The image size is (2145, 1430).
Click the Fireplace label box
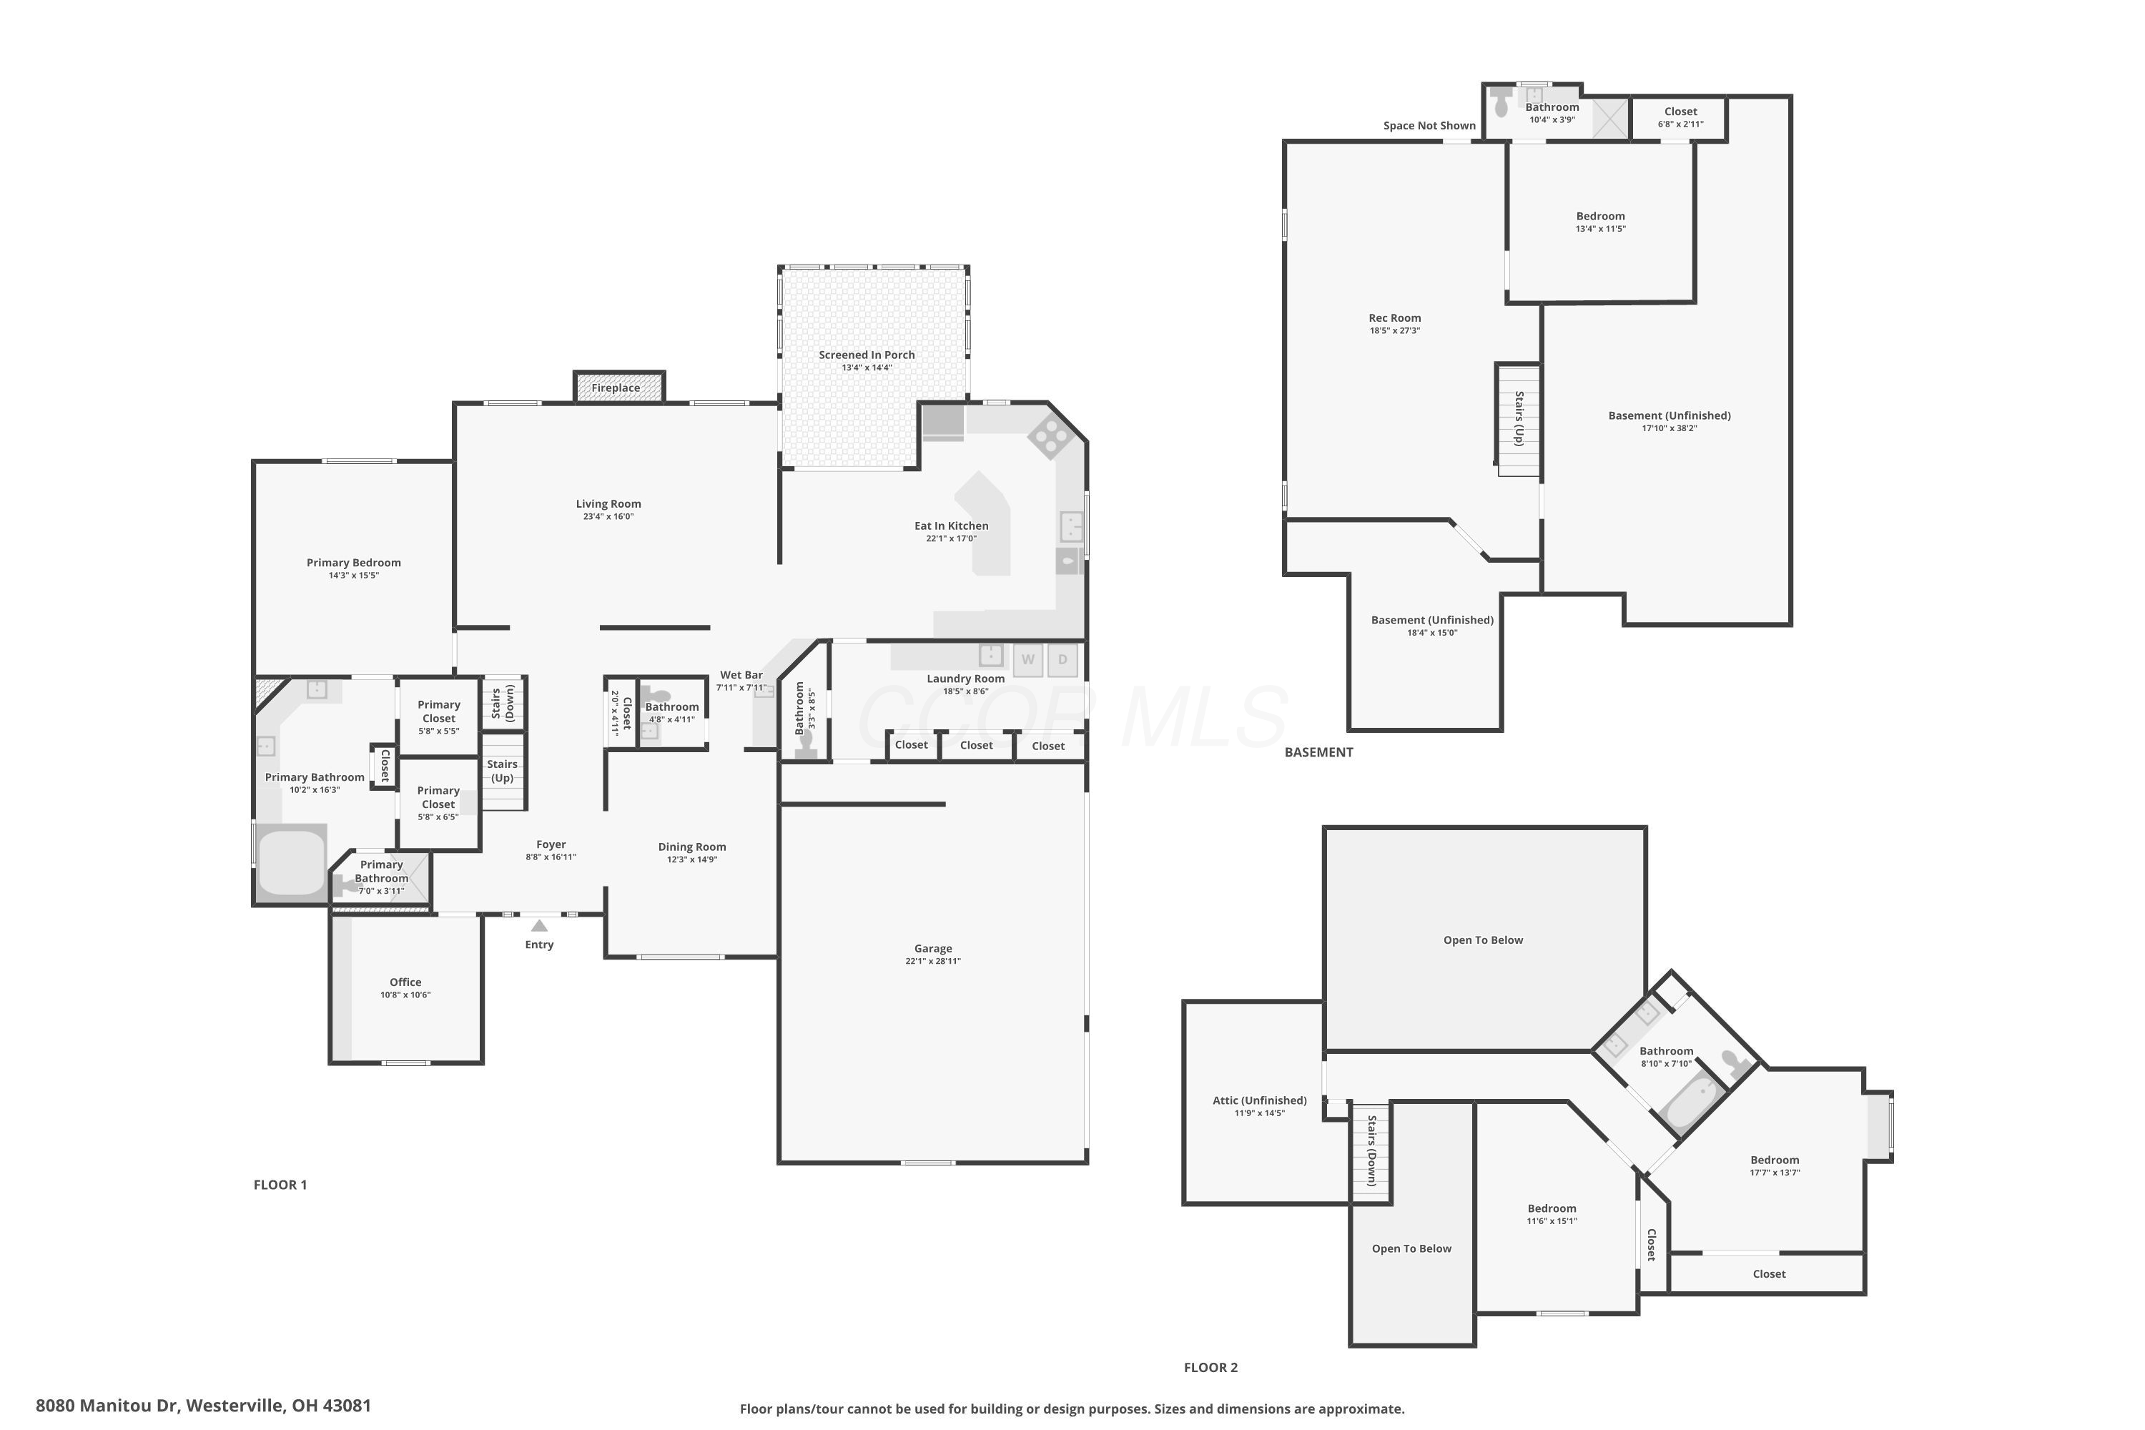[619, 387]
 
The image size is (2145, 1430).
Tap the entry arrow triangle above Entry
[540, 926]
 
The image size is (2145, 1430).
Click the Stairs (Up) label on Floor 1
[503, 771]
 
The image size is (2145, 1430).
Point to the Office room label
[406, 982]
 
